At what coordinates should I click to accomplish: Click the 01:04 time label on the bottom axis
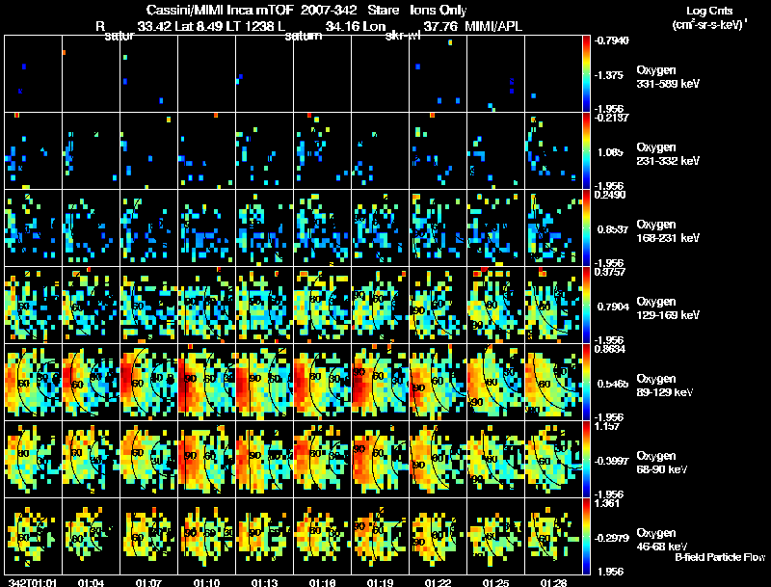[92, 582]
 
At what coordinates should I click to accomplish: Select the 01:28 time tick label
[553, 582]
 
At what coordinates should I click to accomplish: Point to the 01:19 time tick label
[380, 582]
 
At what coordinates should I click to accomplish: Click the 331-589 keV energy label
[668, 85]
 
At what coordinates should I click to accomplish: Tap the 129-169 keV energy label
[668, 316]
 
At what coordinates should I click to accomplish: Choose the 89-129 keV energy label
[666, 393]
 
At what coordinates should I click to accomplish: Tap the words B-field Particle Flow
[721, 557]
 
